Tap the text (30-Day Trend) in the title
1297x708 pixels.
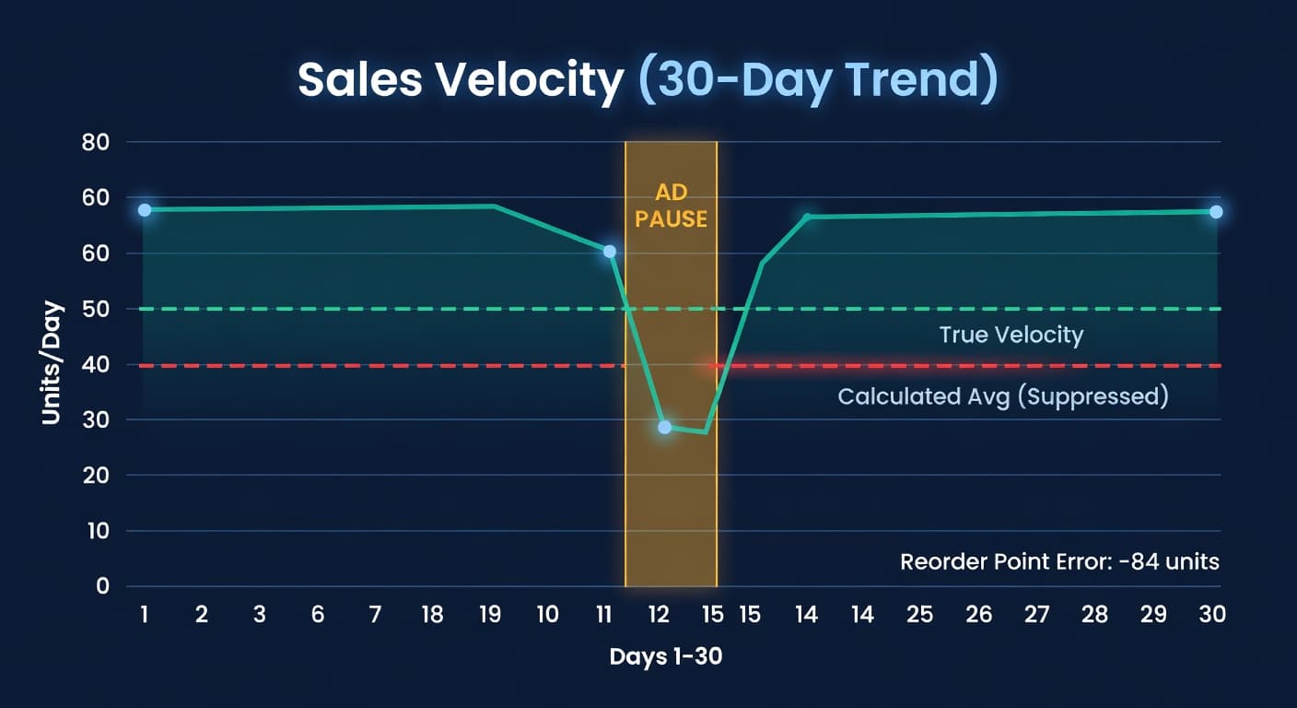(819, 80)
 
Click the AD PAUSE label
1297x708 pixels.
(670, 206)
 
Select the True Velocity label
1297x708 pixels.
(1011, 335)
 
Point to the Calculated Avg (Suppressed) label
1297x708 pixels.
(1002, 396)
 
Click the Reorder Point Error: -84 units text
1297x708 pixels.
(1059, 561)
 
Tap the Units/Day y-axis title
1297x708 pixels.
(52, 363)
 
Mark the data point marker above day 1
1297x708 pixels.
(145, 210)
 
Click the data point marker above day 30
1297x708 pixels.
(1216, 212)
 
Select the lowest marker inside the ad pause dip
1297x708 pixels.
(664, 427)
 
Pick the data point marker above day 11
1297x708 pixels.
(609, 252)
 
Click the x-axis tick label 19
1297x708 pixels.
(490, 615)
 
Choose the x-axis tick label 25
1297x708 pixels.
(919, 615)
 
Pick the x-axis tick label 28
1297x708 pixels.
(1094, 615)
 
